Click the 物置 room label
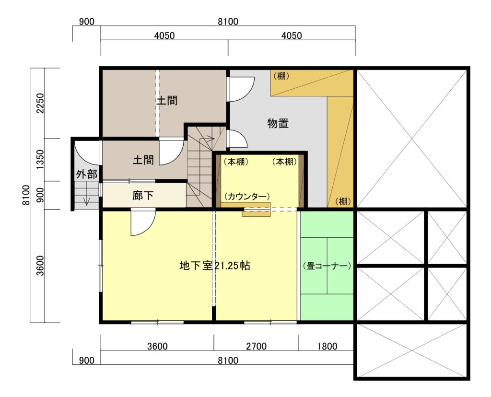(x=278, y=123)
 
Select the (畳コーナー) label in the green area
(x=327, y=265)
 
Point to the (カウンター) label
(x=247, y=196)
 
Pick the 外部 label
(x=86, y=175)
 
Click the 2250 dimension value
(x=39, y=103)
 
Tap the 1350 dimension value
(x=39, y=160)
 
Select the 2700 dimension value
(x=256, y=346)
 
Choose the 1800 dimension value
(x=327, y=346)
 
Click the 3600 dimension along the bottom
(x=157, y=346)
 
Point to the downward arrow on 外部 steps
(x=86, y=199)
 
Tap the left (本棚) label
(x=235, y=162)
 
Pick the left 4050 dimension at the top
(x=164, y=36)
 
